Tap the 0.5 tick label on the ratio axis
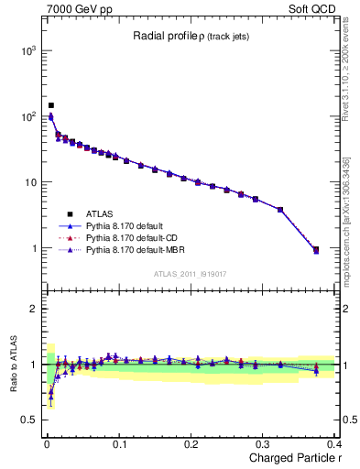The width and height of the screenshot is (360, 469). coord(27,420)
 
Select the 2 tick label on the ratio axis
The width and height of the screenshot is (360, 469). coord(33,309)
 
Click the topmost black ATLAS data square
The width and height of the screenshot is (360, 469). coord(51,105)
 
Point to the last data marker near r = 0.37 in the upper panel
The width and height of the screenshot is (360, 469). coord(316,249)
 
